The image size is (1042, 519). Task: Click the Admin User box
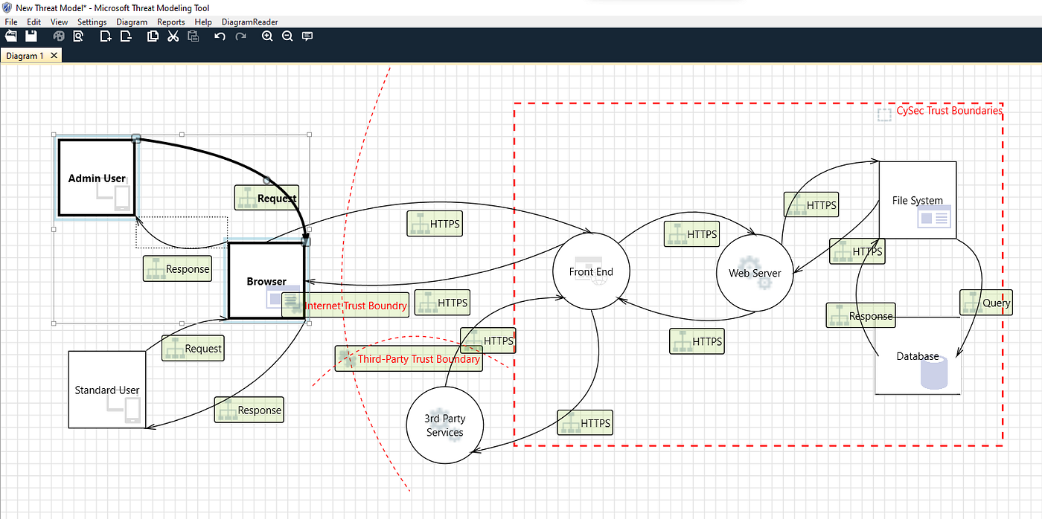[97, 178]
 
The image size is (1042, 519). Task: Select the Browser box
[266, 281]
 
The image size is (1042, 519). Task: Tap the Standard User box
[106, 390]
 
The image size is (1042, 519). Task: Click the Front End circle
[591, 271]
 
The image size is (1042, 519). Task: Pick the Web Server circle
[754, 273]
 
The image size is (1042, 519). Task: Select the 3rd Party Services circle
[444, 425]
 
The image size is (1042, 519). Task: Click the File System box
[917, 200]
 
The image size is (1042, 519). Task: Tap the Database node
[917, 356]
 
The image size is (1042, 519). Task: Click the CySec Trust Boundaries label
[949, 111]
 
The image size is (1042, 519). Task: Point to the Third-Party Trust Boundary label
[418, 359]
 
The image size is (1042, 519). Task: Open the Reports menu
[170, 22]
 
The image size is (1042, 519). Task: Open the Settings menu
[92, 22]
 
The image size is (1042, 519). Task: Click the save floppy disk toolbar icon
[31, 36]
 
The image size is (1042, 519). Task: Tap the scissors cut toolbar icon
[173, 36]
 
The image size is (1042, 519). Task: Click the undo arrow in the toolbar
[220, 36]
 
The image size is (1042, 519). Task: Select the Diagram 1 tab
[26, 56]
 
